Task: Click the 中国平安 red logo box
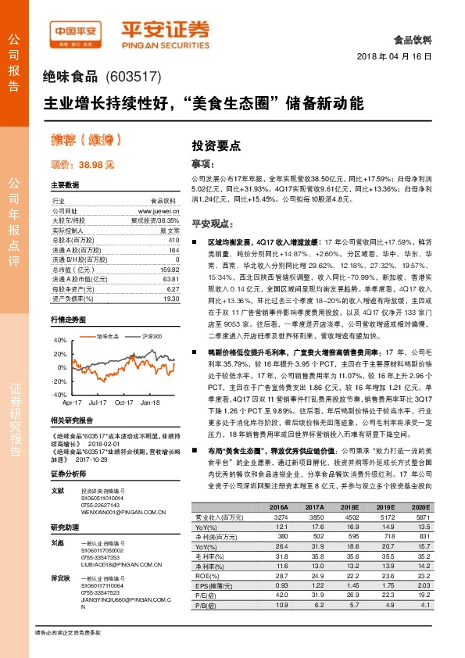point(76,32)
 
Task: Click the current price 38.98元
point(83,166)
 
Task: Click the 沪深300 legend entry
point(152,336)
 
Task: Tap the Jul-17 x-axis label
point(98,402)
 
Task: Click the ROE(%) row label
point(206,574)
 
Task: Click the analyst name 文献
point(57,491)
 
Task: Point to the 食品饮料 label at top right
point(414,38)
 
